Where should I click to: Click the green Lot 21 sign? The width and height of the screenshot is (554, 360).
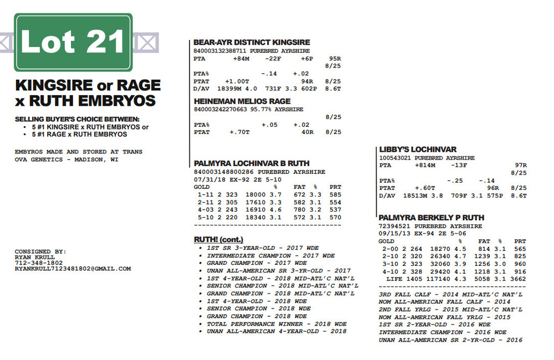coord(74,42)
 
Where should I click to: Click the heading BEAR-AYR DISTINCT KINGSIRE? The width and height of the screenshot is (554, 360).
coord(252,43)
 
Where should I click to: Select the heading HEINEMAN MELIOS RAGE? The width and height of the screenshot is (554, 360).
coord(242,101)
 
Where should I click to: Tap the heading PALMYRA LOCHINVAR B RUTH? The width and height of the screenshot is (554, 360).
coord(259,163)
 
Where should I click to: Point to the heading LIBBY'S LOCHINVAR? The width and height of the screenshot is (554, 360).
coord(418,150)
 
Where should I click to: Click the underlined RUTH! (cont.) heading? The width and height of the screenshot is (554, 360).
coord(219,239)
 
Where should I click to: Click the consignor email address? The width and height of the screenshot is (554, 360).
coord(73,269)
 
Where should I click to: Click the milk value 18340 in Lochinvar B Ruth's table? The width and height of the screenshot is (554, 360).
coord(259,217)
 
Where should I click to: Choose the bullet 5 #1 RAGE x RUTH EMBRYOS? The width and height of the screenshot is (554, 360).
coord(79,135)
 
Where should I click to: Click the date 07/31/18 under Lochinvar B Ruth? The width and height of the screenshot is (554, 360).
coord(206,179)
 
